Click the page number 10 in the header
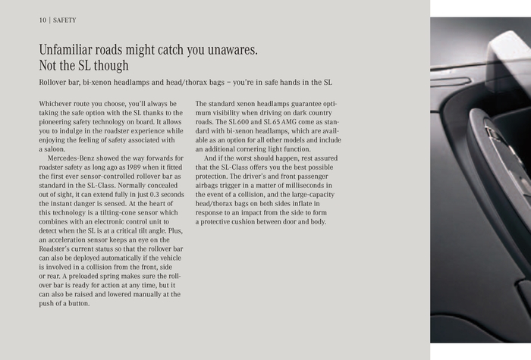pyautogui.click(x=42, y=20)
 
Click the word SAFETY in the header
pyautogui.click(x=64, y=20)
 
